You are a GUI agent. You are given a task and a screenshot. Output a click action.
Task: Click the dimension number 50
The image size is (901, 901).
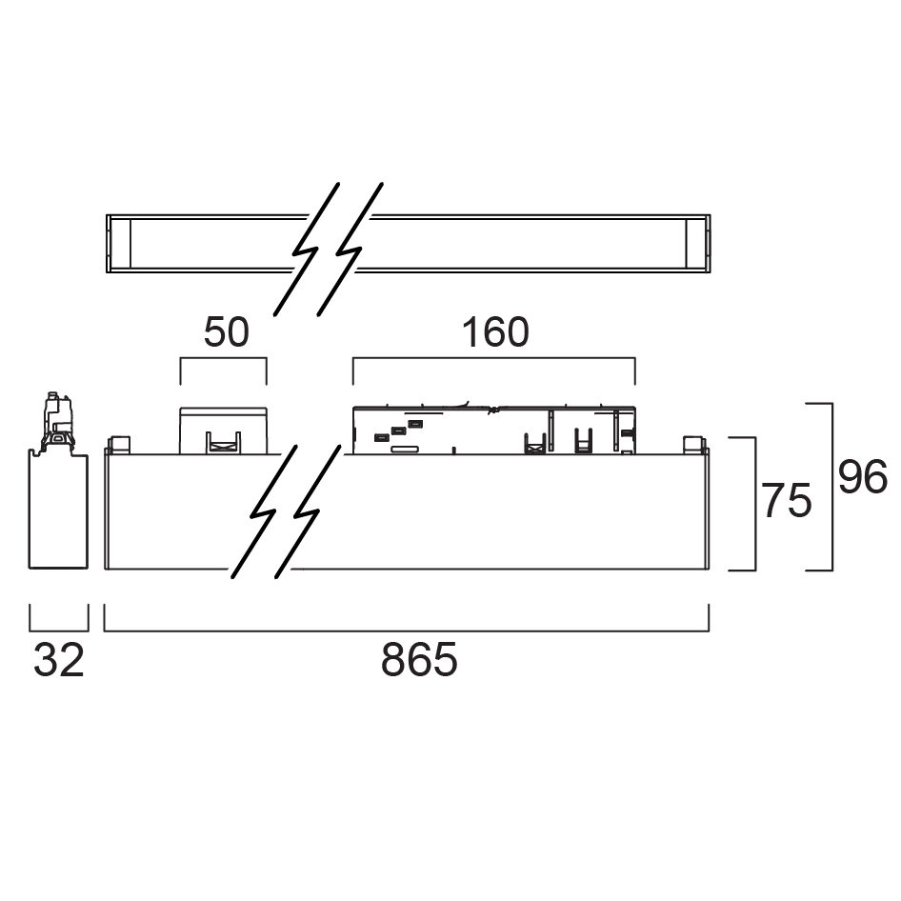(227, 332)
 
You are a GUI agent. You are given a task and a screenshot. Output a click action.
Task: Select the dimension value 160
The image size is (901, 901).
(495, 332)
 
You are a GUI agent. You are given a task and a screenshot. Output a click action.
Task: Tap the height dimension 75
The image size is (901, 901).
(787, 501)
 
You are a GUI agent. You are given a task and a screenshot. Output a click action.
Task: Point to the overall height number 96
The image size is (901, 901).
(863, 477)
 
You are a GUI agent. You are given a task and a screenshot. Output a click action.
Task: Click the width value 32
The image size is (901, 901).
(59, 660)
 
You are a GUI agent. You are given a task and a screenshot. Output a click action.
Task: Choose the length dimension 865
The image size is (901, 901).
(419, 660)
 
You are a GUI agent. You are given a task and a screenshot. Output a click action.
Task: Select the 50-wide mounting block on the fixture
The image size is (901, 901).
(223, 430)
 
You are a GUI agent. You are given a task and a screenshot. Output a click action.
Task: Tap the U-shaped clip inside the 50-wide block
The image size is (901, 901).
(222, 442)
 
